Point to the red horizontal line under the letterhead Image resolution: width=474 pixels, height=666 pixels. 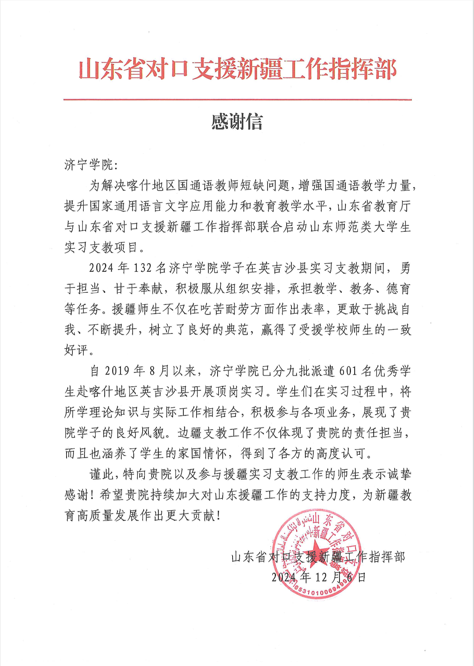coord(237,100)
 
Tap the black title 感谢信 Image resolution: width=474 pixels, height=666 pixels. coord(237,122)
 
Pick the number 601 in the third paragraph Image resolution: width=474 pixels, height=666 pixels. coord(348,371)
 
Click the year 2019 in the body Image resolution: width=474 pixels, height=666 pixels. coord(117,371)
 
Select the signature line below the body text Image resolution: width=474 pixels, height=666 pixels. coord(318,557)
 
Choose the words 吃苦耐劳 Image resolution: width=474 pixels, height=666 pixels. coord(226,309)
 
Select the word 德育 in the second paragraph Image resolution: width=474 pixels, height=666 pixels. coord(398,289)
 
